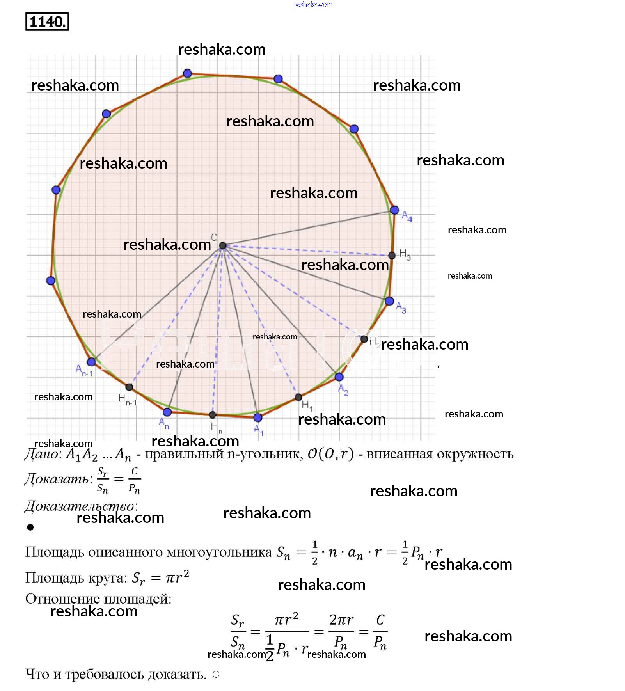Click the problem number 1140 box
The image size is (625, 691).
tap(47, 22)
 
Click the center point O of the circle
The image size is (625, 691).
tap(222, 245)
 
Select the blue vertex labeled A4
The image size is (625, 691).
tap(394, 210)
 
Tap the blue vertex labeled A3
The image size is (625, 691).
tap(389, 301)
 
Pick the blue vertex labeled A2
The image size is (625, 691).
tap(339, 377)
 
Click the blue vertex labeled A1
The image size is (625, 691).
tap(257, 417)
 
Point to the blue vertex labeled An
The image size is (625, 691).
tap(167, 412)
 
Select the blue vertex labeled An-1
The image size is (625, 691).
tap(91, 362)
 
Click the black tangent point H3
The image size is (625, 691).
tap(392, 255)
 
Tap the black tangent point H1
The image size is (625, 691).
tap(298, 397)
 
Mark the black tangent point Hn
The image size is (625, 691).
tap(212, 415)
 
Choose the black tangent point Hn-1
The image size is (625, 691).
tap(129, 387)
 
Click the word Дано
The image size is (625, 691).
tap(42, 454)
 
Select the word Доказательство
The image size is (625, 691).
tap(80, 506)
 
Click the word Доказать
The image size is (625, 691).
tap(58, 479)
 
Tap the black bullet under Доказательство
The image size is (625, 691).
tap(30, 528)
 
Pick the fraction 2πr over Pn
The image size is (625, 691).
tap(341, 631)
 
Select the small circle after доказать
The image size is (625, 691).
tap(216, 674)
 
